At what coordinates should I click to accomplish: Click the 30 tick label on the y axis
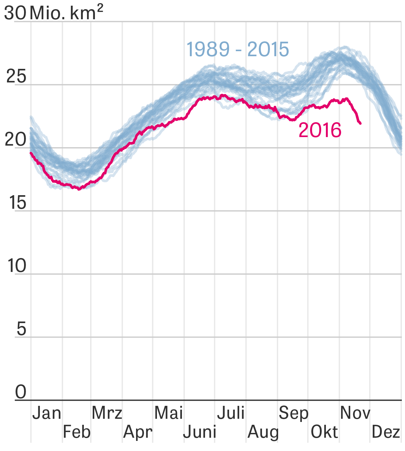tap(15, 13)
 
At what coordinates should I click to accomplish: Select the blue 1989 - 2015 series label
tap(237, 49)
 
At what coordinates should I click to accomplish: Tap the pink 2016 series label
tap(320, 130)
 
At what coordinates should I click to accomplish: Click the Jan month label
tap(47, 413)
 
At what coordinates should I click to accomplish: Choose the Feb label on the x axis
tap(77, 432)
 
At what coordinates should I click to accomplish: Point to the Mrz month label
tap(107, 413)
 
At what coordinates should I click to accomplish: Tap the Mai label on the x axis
tap(168, 413)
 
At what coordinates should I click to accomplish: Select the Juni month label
tap(200, 432)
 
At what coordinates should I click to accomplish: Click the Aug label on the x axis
tap(263, 432)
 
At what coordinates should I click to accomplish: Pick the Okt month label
tap(324, 432)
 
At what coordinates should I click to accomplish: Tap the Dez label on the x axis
tap(386, 432)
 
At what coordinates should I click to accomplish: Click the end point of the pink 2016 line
tap(360, 123)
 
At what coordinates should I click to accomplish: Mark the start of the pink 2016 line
tap(31, 153)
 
